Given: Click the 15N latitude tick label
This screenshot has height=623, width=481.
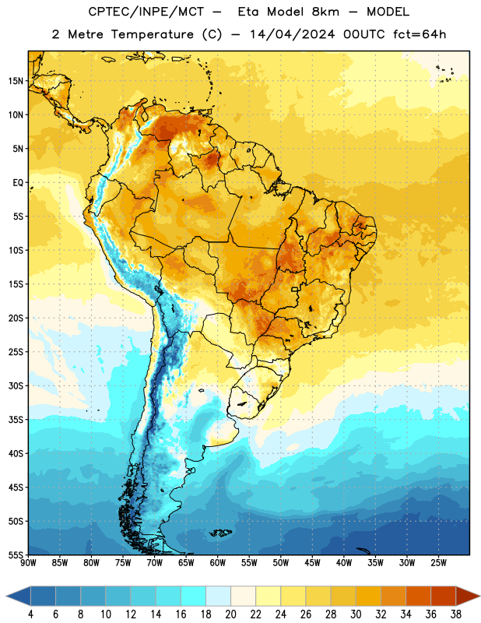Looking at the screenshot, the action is click(16, 81).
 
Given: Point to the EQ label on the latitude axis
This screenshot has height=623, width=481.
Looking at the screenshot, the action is click(18, 183).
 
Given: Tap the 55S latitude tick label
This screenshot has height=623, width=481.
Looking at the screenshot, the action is click(16, 555).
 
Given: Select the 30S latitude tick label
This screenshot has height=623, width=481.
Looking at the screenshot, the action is click(16, 385).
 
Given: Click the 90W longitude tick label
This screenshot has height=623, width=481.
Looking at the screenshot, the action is click(28, 563).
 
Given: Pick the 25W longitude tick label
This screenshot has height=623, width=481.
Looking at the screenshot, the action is click(438, 563).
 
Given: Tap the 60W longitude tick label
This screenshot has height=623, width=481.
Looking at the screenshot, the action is click(218, 563).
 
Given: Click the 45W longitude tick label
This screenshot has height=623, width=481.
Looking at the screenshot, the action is click(312, 563).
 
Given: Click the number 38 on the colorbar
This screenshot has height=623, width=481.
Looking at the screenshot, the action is click(456, 614).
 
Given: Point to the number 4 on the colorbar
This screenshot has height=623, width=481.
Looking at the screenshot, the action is click(30, 614).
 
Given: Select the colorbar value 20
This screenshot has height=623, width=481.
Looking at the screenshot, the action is click(230, 614).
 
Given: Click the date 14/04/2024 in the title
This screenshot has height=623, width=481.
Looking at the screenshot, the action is click(293, 34).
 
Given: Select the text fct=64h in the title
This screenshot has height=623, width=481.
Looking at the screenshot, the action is click(420, 34).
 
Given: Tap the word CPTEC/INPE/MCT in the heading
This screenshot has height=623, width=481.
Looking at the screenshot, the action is click(146, 12).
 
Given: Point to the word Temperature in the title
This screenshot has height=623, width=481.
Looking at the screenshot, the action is click(152, 34).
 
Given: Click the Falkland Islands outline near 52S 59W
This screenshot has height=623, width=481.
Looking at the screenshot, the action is click(221, 533).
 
